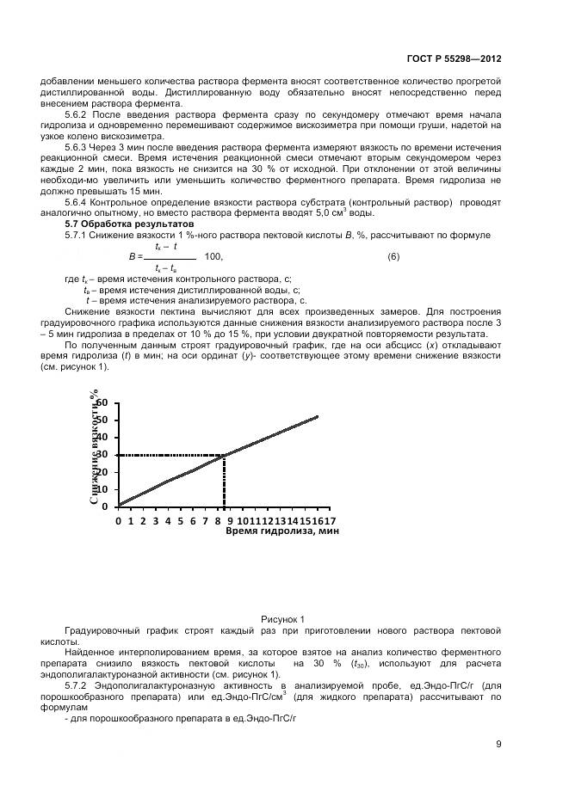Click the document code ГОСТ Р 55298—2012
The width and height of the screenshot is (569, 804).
pos(455,58)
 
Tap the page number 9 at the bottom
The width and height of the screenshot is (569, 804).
pos(498,744)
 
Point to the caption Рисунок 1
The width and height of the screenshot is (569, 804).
pos(283,618)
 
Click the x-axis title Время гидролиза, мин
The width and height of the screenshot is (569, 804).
pos(282,532)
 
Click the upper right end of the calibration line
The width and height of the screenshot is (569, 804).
pos(317,417)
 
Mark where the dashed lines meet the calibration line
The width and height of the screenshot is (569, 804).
pos(224,455)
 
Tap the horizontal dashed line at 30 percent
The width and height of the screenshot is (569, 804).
pos(168,455)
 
